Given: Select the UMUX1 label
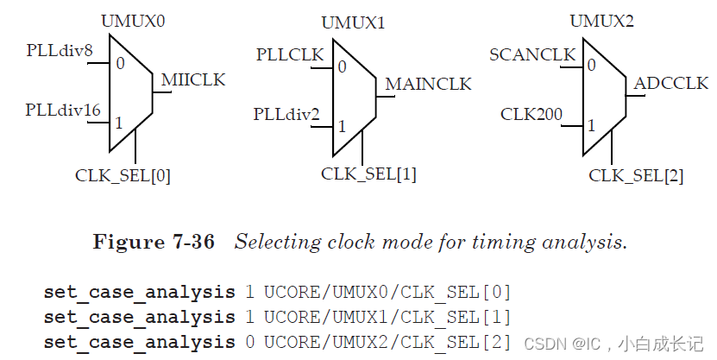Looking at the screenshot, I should pos(353,22).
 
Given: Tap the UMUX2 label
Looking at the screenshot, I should pos(601,21).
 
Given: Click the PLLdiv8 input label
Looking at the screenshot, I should pos(60,51).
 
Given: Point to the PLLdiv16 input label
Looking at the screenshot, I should pos(63,110).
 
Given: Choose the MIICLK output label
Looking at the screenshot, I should pos(192,80).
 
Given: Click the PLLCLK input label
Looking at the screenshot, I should pos(290,55).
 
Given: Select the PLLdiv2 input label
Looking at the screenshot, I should pos(286,114).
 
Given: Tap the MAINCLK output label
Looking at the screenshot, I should pos(428,84).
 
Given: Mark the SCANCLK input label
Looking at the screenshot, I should pos(532,55).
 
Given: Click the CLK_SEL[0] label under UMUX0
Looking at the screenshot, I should pos(123,176).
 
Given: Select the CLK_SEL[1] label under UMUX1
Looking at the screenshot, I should pos(368,174).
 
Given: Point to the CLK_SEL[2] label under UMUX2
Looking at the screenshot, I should pos(636,176).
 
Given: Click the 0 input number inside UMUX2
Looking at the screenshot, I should pos(591,64).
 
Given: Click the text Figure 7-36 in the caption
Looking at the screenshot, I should pos(154,243).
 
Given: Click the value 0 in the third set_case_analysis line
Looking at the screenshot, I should pos(249,341).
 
